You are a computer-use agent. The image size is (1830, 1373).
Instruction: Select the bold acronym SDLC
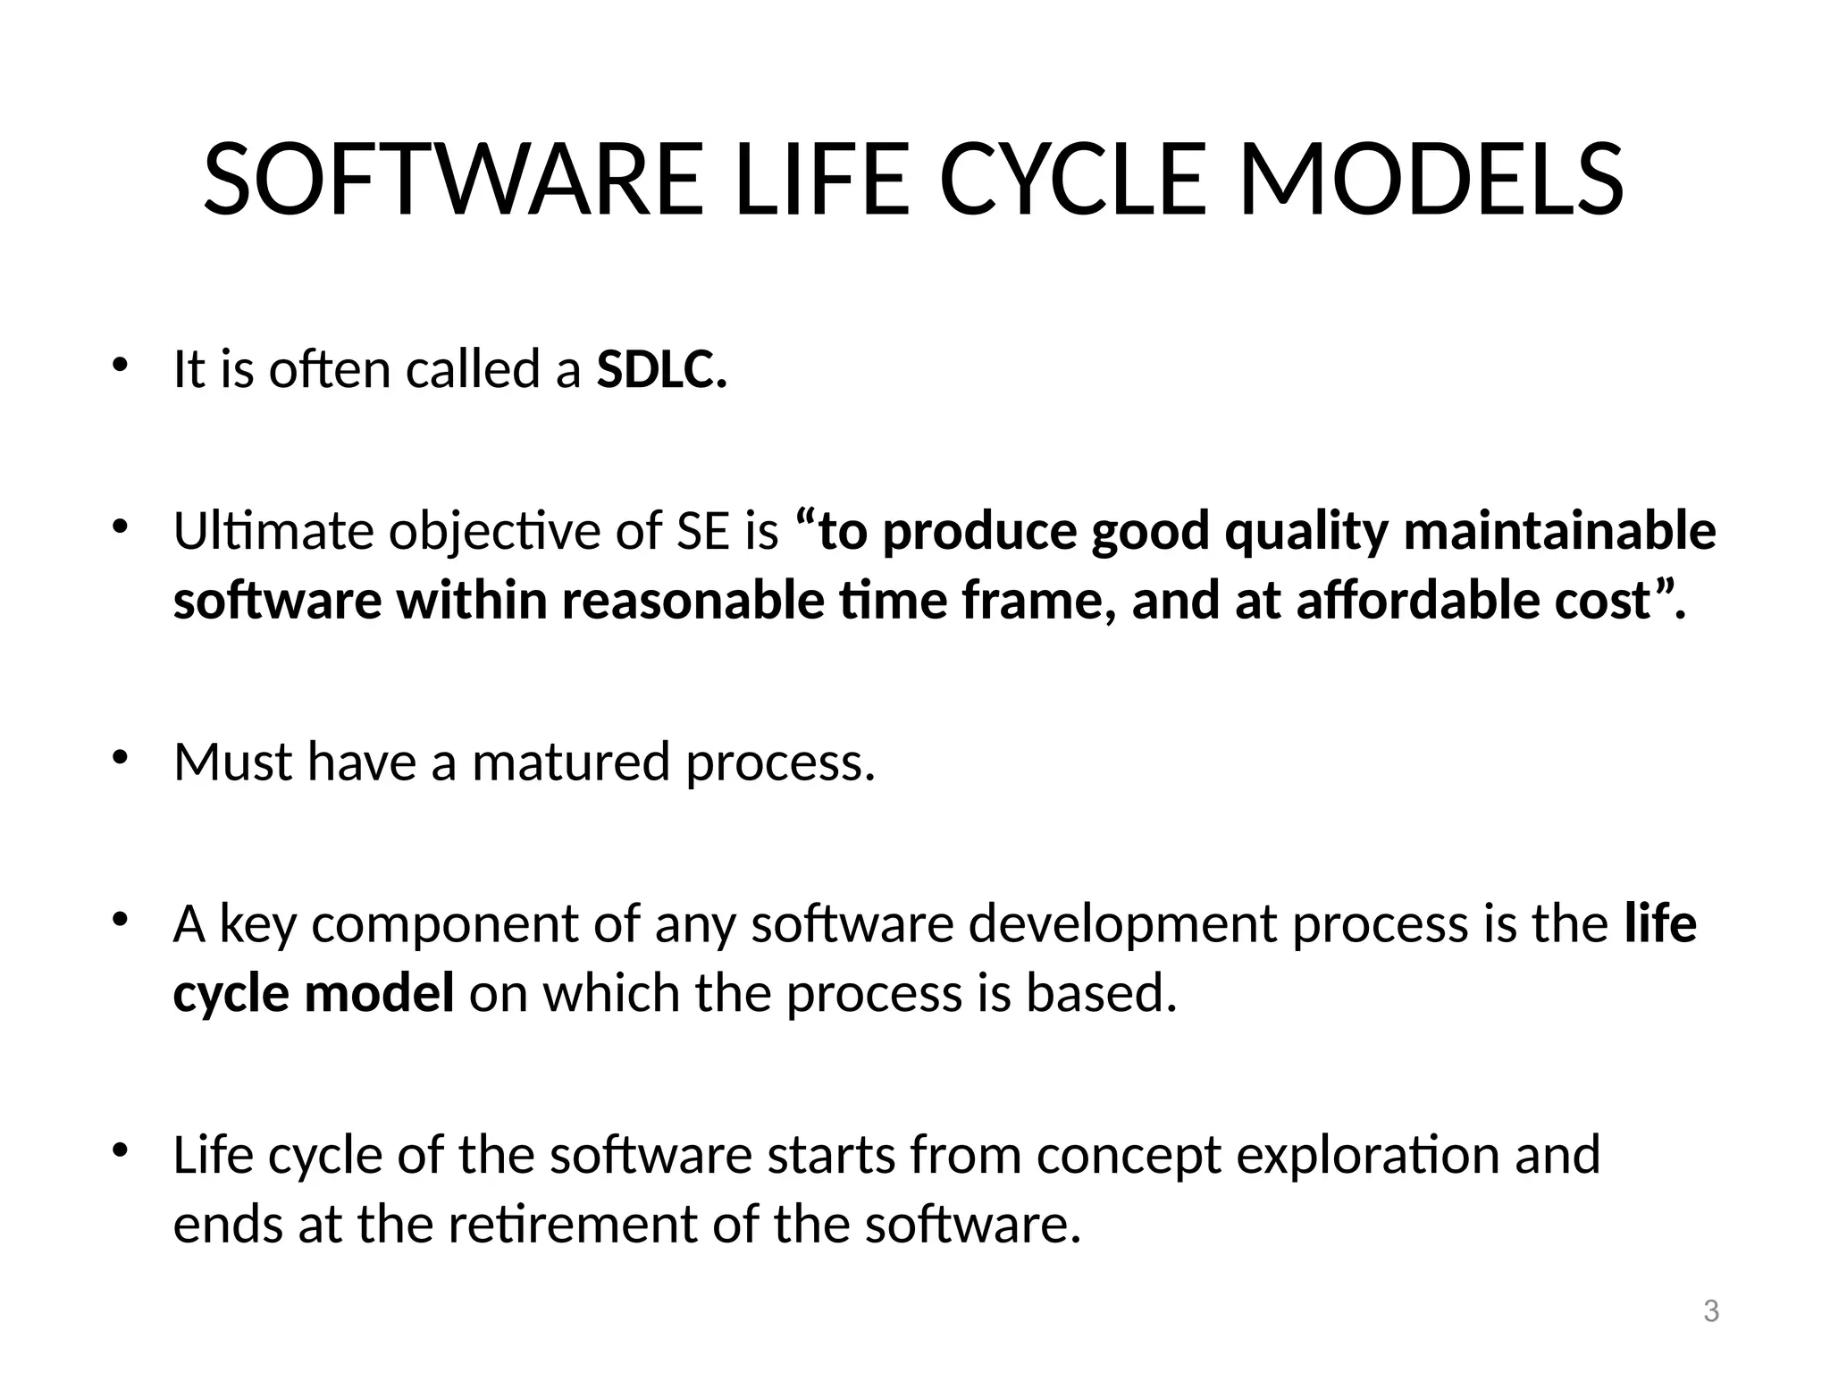[x=662, y=369]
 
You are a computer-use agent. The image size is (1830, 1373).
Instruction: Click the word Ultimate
[x=273, y=531]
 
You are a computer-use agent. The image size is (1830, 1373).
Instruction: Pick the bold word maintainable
[x=1559, y=531]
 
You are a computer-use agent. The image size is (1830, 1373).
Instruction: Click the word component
[x=445, y=923]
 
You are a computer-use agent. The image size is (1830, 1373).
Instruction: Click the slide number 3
[x=1710, y=1311]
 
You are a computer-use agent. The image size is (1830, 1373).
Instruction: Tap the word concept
[x=1128, y=1155]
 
